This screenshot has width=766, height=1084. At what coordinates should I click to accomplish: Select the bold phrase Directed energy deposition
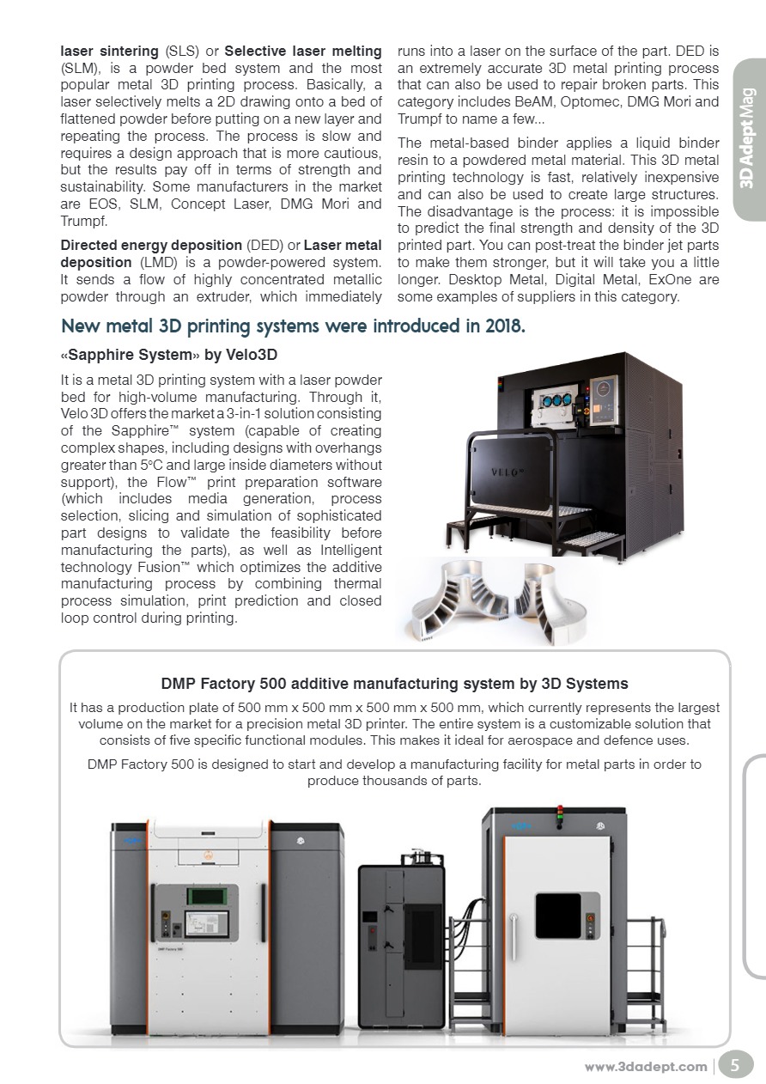[151, 246]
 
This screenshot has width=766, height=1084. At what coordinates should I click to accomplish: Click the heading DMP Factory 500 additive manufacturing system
[394, 684]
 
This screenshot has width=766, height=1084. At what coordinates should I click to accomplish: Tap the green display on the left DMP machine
[212, 897]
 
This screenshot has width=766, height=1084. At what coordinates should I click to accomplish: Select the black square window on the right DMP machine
[558, 916]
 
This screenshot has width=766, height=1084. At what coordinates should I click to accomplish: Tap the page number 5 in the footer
[734, 1066]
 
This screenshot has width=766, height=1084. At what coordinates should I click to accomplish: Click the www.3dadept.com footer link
[646, 1067]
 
